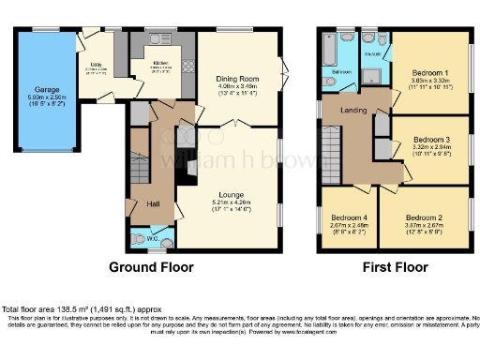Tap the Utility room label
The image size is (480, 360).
click(97, 65)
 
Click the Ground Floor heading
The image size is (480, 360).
click(152, 267)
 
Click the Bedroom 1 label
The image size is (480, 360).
click(431, 73)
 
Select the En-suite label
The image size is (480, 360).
click(372, 55)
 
